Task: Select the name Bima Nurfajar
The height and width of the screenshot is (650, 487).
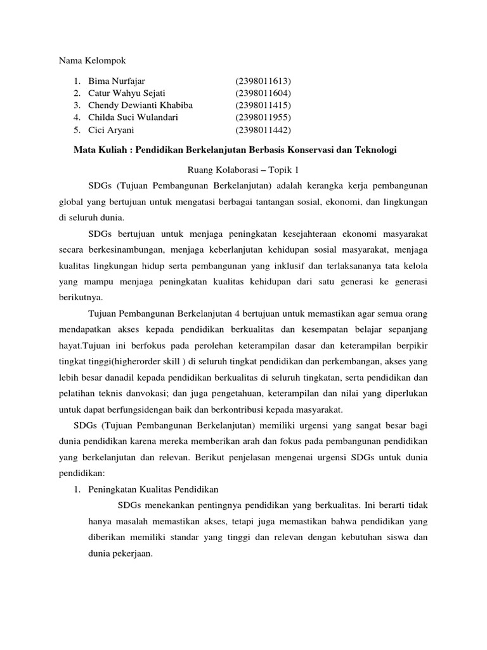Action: pos(117,81)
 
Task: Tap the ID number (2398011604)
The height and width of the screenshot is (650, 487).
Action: pos(263,93)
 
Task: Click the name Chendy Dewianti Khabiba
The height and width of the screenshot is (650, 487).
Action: pos(140,105)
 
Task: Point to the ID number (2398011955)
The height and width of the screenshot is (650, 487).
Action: pos(263,117)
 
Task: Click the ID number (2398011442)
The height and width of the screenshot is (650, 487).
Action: pos(263,129)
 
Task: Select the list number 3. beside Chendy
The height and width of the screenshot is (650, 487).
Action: pos(76,105)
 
